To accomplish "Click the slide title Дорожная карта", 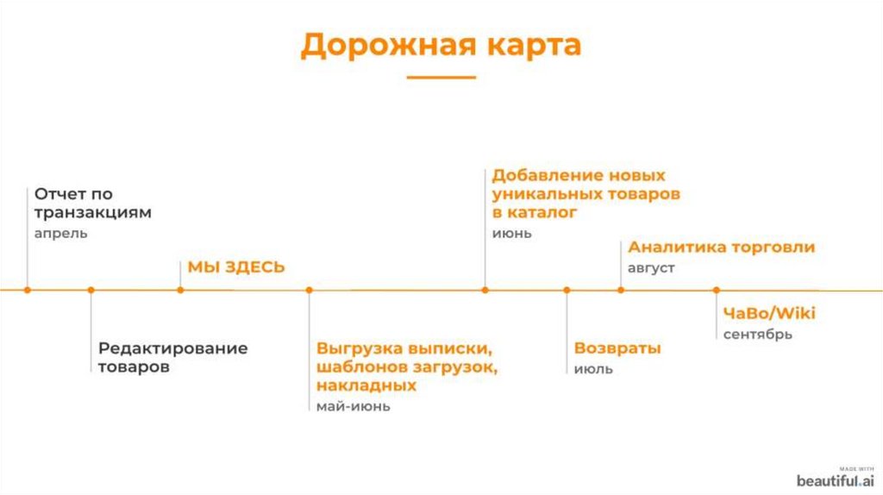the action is [441, 46].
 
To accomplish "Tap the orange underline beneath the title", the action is [441, 78].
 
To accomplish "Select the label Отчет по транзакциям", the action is [93, 204].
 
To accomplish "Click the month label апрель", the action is [61, 234].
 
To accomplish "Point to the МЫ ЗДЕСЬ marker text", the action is [236, 267].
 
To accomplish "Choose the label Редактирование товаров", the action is [172, 357].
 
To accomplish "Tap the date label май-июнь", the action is [354, 406].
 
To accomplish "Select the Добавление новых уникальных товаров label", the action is [586, 193].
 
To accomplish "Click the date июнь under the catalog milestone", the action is [512, 234].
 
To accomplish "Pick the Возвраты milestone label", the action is [617, 348].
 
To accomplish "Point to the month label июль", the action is [593, 369].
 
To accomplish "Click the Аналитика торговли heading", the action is [721, 247].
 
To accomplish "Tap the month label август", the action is [651, 268].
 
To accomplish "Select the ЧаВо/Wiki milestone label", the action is [769, 313].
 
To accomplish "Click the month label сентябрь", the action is [758, 335].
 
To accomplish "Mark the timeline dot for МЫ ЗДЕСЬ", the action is [180, 290].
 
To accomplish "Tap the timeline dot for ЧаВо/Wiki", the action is [716, 290].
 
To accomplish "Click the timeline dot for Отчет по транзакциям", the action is [28, 290].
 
